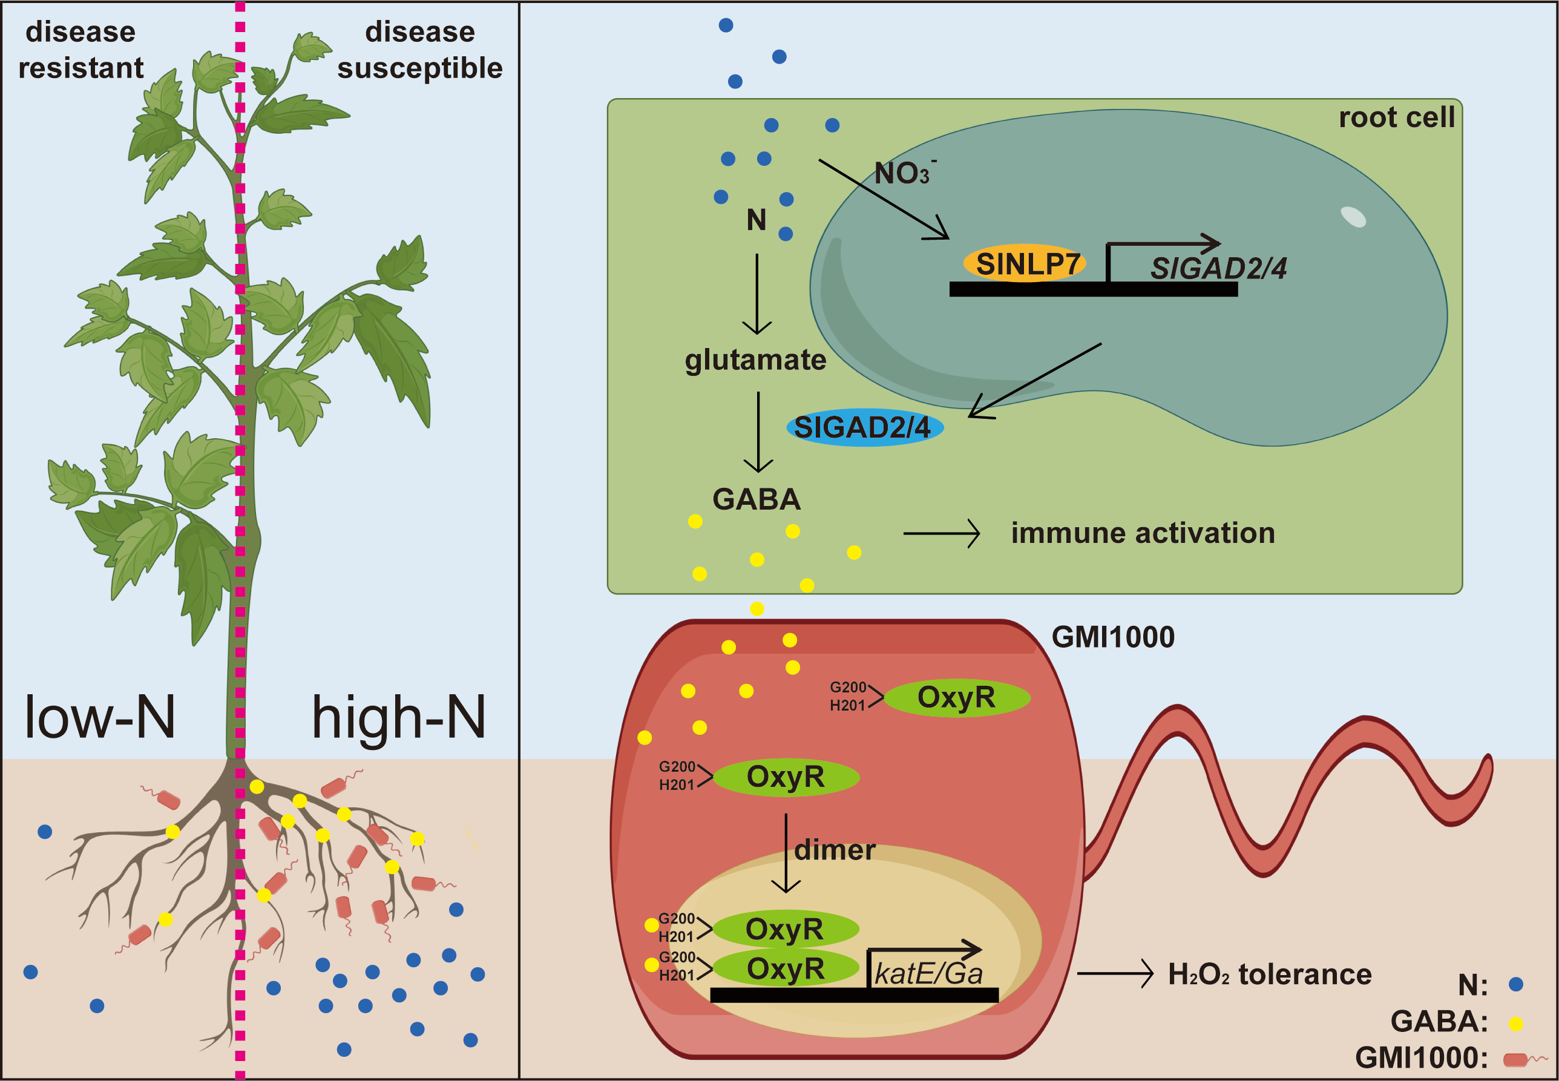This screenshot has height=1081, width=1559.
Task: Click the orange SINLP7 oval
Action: [1024, 263]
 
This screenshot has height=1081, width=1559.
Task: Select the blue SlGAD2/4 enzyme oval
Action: [864, 427]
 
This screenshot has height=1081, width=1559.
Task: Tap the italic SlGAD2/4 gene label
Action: [1218, 269]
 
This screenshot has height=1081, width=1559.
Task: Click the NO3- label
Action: [904, 173]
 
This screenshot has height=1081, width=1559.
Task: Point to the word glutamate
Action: [755, 360]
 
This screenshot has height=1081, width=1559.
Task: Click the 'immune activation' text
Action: [1143, 533]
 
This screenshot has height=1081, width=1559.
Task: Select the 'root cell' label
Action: [1396, 117]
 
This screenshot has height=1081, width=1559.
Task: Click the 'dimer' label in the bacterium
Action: [835, 850]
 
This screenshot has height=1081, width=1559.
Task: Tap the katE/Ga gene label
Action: [928, 974]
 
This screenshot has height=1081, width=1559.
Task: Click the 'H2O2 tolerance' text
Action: [1270, 974]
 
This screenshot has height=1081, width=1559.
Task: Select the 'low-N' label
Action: [100, 717]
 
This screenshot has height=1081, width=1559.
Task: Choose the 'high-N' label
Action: [398, 717]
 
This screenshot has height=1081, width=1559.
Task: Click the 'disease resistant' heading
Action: [80, 50]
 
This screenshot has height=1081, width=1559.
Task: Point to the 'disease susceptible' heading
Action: [420, 50]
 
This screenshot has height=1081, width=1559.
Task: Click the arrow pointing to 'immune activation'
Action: [941, 534]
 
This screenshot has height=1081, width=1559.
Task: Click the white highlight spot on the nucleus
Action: [1353, 217]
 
